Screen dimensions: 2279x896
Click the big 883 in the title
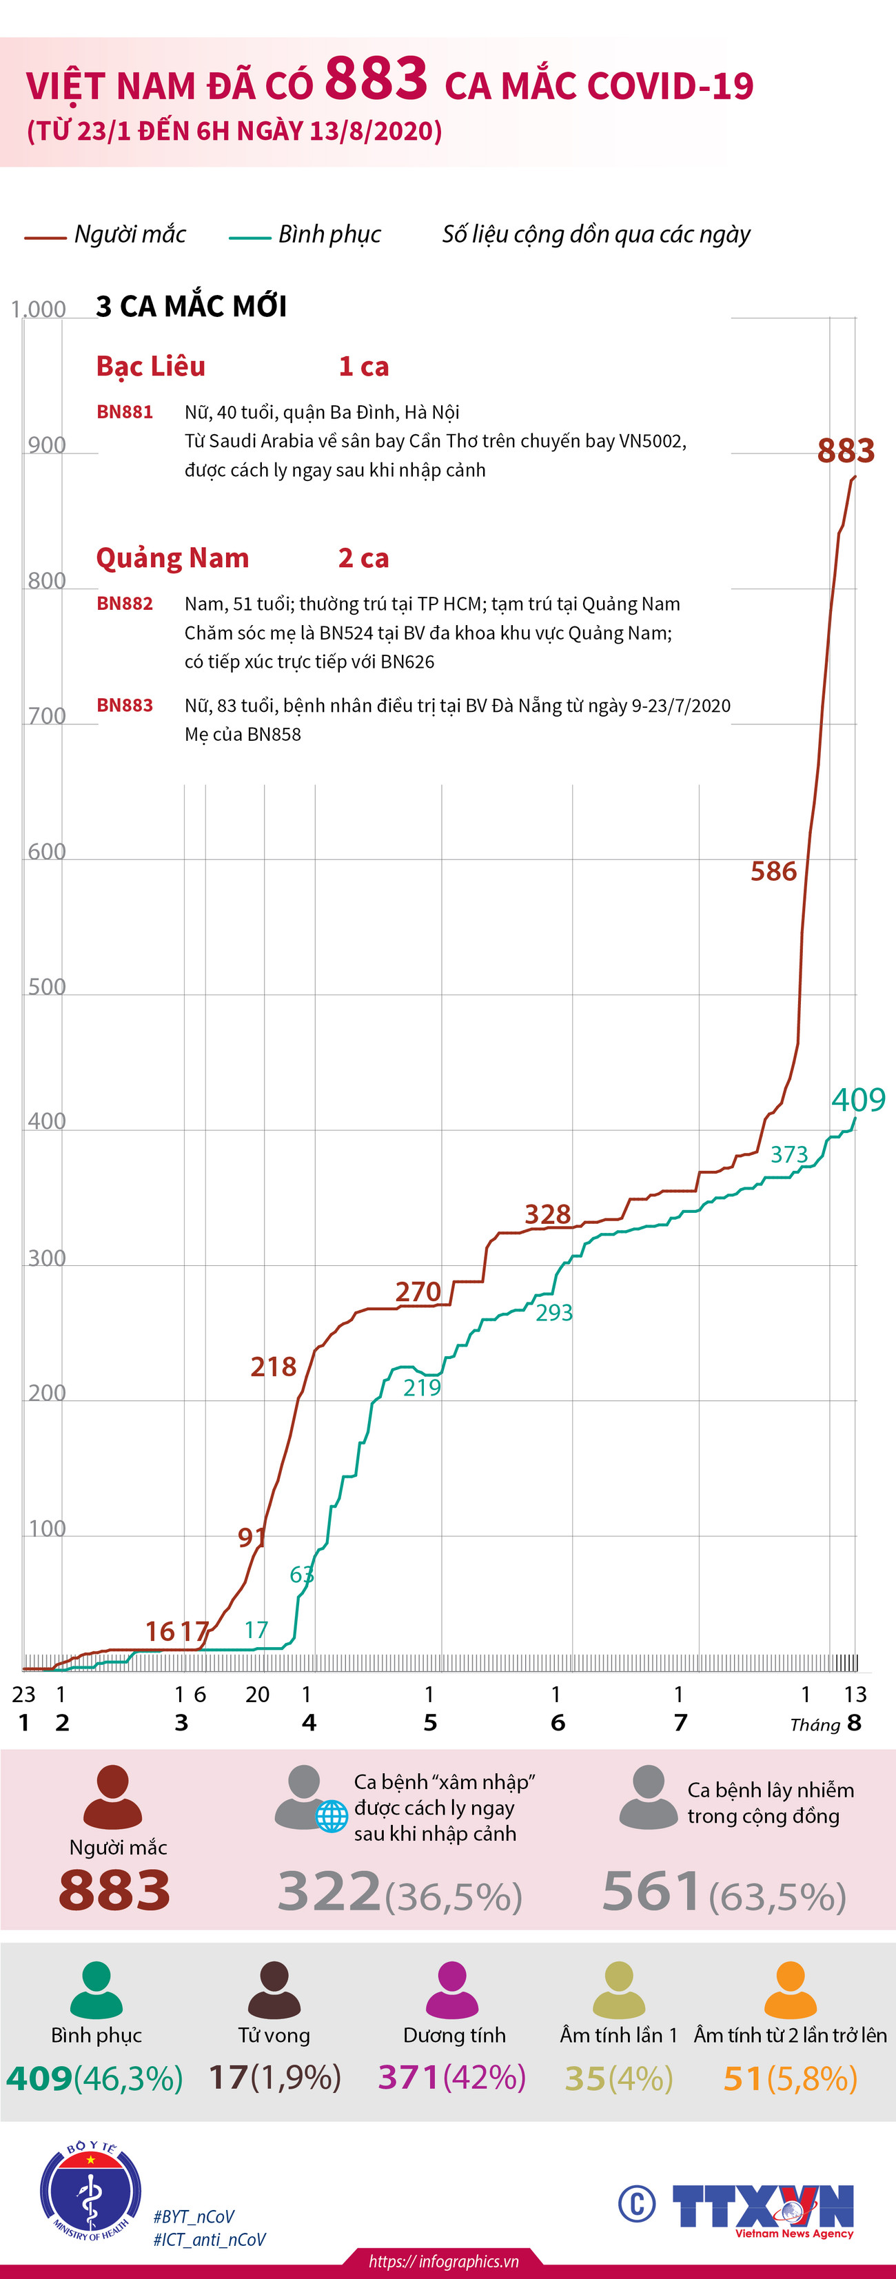tap(376, 80)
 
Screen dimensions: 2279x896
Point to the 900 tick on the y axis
tap(47, 445)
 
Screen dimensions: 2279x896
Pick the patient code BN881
tap(125, 411)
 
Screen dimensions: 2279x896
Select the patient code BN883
tap(125, 705)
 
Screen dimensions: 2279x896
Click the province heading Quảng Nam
tap(172, 558)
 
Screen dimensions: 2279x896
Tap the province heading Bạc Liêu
tap(150, 366)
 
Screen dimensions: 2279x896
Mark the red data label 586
tap(774, 872)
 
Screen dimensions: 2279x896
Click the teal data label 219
tap(422, 1387)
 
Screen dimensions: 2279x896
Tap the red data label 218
tap(274, 1367)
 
